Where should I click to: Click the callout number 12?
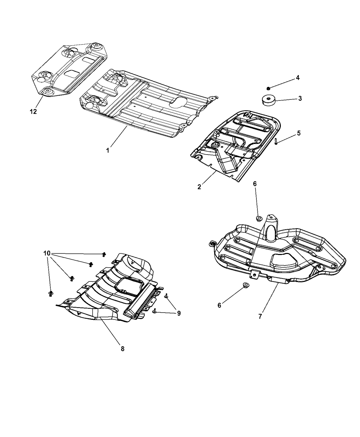click(33, 112)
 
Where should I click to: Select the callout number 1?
click(108, 150)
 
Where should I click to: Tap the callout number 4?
click(298, 78)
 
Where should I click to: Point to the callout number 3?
click(300, 99)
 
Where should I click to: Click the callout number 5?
click(299, 133)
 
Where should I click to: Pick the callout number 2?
click(199, 187)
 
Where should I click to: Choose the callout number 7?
click(260, 317)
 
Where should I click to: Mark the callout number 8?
click(122, 349)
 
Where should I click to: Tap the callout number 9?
click(179, 313)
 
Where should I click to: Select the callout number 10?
click(47, 253)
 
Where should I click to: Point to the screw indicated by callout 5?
click(276, 142)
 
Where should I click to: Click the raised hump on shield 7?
click(270, 230)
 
